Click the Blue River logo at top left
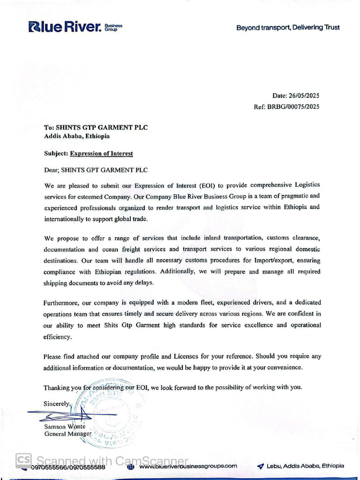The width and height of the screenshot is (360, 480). pyautogui.click(x=75, y=27)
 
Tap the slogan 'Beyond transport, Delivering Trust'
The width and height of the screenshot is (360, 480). pyautogui.click(x=288, y=28)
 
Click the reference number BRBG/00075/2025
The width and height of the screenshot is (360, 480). pyautogui.click(x=293, y=107)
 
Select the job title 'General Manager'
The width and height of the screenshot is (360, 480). pyautogui.click(x=67, y=434)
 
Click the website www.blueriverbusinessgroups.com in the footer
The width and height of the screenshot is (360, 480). pyautogui.click(x=188, y=466)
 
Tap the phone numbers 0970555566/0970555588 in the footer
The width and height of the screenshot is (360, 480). pyautogui.click(x=68, y=467)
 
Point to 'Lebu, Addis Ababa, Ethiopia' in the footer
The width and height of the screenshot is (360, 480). pyautogui.click(x=305, y=466)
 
